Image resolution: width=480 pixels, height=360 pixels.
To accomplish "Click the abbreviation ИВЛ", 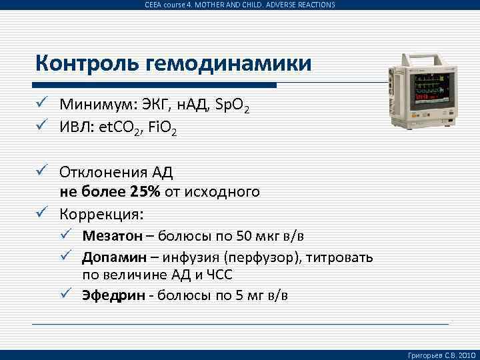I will [x=74, y=125].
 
